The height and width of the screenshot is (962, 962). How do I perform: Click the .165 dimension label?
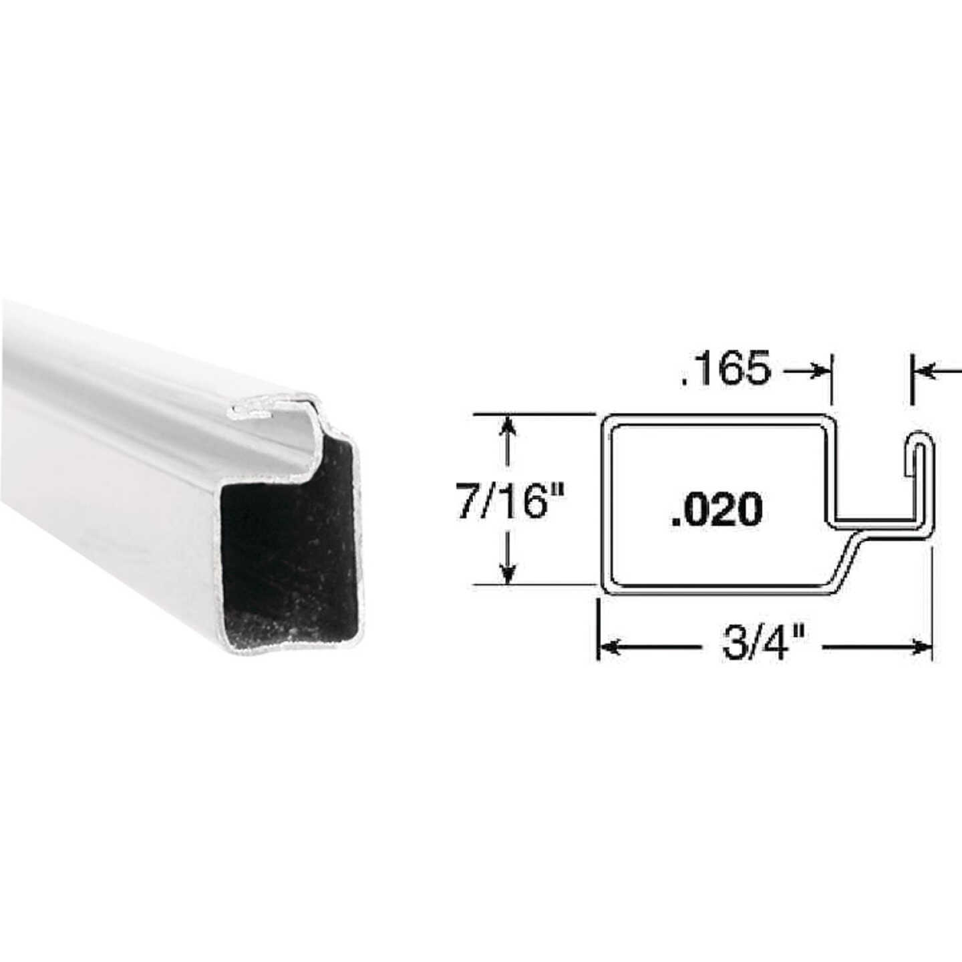(726, 369)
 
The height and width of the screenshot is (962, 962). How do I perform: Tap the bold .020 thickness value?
(716, 509)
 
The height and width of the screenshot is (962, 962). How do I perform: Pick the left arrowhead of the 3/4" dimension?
(608, 647)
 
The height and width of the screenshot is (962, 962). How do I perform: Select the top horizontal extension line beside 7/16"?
(534, 415)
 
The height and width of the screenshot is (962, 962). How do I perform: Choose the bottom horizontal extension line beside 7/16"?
(534, 585)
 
